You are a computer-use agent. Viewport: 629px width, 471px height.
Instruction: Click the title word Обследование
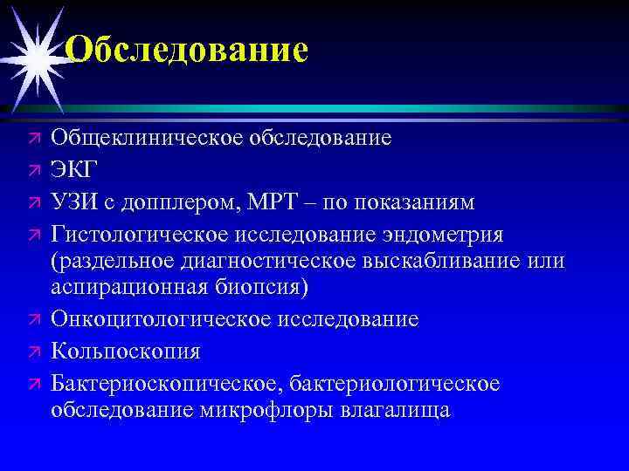pyautogui.click(x=186, y=50)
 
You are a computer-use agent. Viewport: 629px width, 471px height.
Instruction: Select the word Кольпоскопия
pyautogui.click(x=126, y=352)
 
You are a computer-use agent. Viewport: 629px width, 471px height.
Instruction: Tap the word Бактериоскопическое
pyautogui.click(x=166, y=385)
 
